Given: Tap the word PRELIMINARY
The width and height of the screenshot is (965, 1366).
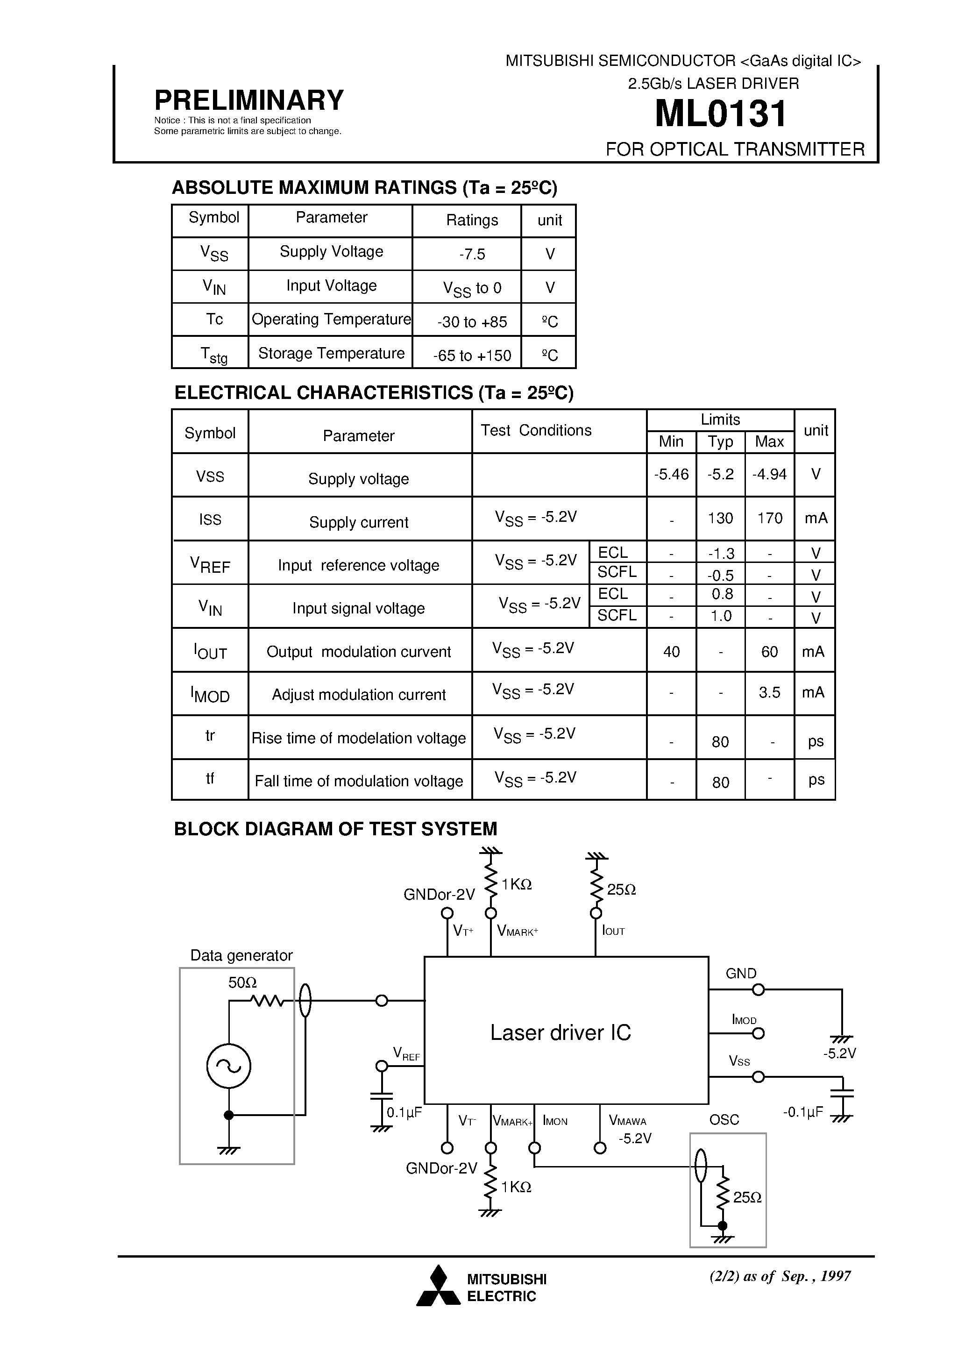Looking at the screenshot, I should pyautogui.click(x=248, y=100).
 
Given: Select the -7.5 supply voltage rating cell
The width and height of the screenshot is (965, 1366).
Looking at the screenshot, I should pyautogui.click(x=472, y=254).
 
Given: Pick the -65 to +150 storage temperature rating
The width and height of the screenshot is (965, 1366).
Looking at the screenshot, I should pyautogui.click(x=472, y=355).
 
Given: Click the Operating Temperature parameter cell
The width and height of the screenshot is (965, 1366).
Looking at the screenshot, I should pyautogui.click(x=331, y=320).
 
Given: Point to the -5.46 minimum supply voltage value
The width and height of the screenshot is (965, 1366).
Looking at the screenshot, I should pyautogui.click(x=671, y=474).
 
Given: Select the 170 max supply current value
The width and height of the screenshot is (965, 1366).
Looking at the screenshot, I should pyautogui.click(x=769, y=518).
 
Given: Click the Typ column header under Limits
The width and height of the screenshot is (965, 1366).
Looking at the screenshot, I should pyautogui.click(x=720, y=441).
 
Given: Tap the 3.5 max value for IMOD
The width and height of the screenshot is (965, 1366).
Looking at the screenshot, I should pyautogui.click(x=769, y=692).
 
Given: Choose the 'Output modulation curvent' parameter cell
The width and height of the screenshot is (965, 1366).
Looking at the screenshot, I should pyautogui.click(x=359, y=652).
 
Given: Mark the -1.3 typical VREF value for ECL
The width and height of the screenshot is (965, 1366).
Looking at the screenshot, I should pyautogui.click(x=720, y=553).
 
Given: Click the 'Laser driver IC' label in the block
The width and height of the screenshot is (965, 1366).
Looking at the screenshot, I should pyautogui.click(x=561, y=1032).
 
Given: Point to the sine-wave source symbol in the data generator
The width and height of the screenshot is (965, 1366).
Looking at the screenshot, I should pyautogui.click(x=228, y=1066).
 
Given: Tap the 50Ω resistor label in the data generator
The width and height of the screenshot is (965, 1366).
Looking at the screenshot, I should pyautogui.click(x=242, y=982).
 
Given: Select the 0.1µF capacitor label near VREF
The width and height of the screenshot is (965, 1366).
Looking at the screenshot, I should pyautogui.click(x=404, y=1112).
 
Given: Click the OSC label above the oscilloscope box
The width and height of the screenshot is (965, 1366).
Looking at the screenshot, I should pyautogui.click(x=724, y=1119).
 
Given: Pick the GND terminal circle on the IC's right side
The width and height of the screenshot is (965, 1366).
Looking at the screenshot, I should pyautogui.click(x=758, y=989).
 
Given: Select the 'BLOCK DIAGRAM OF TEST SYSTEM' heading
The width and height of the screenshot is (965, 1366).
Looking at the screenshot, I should pyautogui.click(x=335, y=829).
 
